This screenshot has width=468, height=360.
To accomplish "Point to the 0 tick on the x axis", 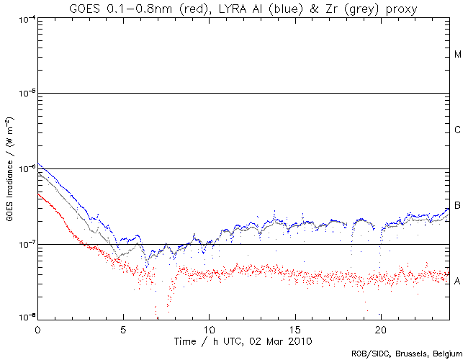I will coord(37,327).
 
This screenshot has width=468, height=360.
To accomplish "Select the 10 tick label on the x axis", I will coord(209,327).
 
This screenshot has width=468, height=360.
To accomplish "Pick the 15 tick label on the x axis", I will coord(294,327).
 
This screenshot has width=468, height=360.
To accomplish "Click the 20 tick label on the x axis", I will coord(380,327).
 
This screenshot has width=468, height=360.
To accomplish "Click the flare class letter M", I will coord(458,55).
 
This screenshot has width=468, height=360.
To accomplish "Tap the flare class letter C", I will coord(458,130).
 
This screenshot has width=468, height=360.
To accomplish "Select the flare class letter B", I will coord(458,206).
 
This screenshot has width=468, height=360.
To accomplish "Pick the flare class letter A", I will coord(458,280).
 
